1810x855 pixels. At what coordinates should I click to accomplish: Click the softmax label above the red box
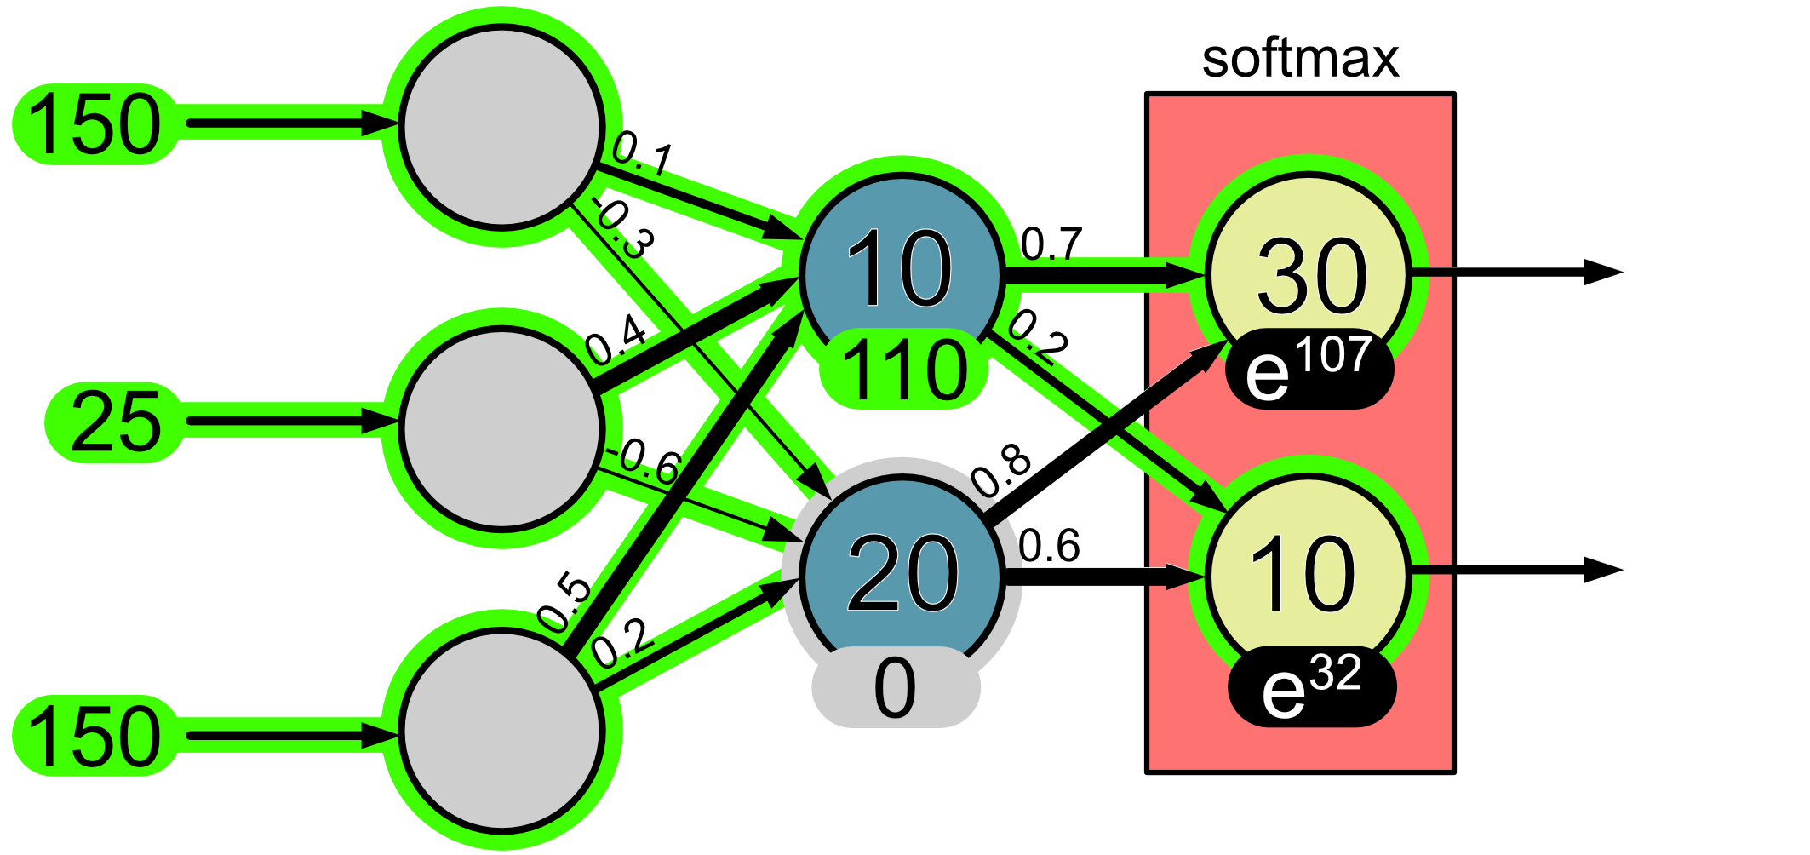click(1300, 58)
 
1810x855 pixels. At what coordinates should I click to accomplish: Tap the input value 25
click(115, 422)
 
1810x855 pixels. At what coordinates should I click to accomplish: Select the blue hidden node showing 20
click(902, 573)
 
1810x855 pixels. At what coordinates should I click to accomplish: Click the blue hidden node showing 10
click(900, 269)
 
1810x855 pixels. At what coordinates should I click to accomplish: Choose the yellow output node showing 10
click(1303, 573)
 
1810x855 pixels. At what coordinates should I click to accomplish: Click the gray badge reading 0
click(896, 687)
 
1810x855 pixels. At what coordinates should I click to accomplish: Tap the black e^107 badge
click(1309, 369)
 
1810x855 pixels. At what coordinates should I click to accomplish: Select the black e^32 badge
click(1312, 687)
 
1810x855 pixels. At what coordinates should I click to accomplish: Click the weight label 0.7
click(1051, 244)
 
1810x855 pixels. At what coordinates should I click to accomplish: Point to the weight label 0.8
click(1001, 470)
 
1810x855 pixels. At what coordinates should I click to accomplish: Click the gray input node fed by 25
click(501, 428)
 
